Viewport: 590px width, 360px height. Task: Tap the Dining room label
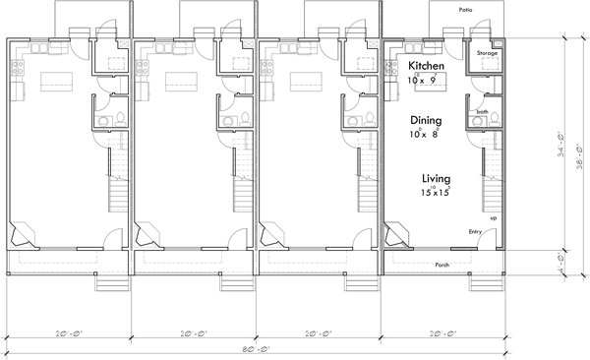(x=426, y=121)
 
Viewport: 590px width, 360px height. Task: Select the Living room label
(x=437, y=178)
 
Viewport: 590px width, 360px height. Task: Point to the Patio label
(x=465, y=8)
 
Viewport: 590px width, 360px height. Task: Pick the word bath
(x=482, y=112)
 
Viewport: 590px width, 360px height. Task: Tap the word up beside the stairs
(x=493, y=217)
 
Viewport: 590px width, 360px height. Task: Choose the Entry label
(x=475, y=232)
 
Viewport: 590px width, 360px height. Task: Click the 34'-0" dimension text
(x=560, y=147)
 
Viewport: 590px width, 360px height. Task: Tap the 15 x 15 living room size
(x=436, y=193)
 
